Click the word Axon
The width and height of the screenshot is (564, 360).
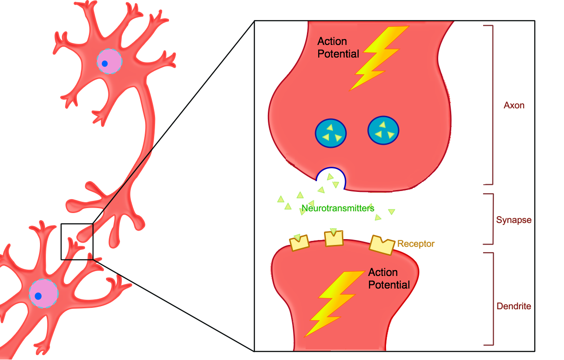pyautogui.click(x=514, y=106)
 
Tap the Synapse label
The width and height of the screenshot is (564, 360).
pyautogui.click(x=514, y=220)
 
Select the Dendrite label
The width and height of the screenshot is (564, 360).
pyautogui.click(x=514, y=307)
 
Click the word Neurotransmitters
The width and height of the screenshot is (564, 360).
pyautogui.click(x=338, y=209)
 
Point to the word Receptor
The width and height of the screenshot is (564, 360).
pyautogui.click(x=416, y=244)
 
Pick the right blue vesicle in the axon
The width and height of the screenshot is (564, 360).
pyautogui.click(x=383, y=131)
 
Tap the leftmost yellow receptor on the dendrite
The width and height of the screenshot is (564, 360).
pyautogui.click(x=299, y=243)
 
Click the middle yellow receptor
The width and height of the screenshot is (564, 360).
pyautogui.click(x=333, y=238)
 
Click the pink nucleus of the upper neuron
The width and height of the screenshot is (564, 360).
pyautogui.click(x=110, y=62)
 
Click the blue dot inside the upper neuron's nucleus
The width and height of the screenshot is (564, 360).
pyautogui.click(x=105, y=64)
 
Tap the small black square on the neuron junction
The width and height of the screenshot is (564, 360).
pyautogui.click(x=77, y=241)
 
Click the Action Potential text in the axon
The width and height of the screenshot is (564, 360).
pyautogui.click(x=338, y=48)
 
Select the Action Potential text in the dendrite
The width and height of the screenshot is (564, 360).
pyautogui.click(x=389, y=279)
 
